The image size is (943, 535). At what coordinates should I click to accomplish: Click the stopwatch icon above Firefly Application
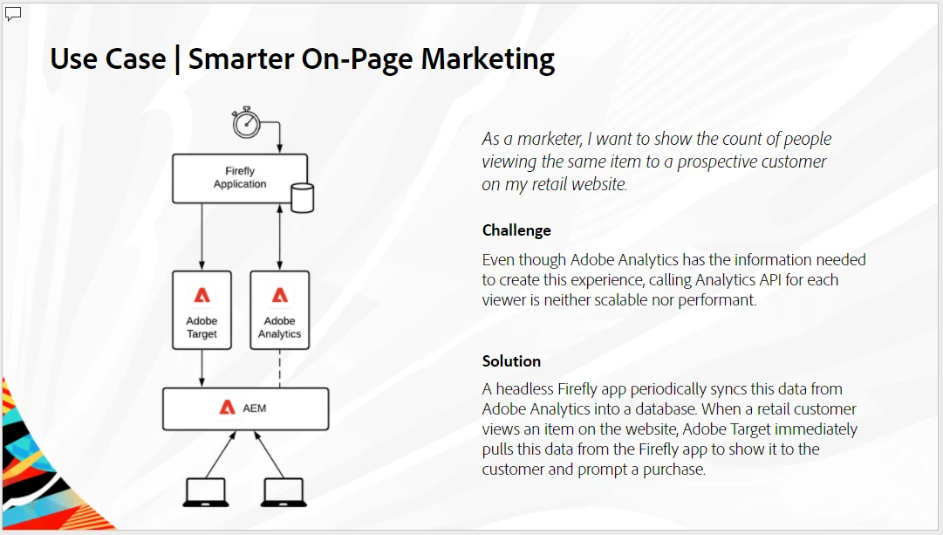point(246,123)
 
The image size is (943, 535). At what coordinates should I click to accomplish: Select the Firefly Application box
point(240,179)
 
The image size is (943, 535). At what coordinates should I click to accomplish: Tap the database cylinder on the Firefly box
point(302,198)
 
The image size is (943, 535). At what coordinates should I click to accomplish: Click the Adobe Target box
point(202,310)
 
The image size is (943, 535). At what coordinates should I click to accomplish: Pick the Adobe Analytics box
point(280,310)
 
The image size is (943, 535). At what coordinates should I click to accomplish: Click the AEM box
point(245,408)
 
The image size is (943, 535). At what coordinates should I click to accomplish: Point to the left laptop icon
point(206,492)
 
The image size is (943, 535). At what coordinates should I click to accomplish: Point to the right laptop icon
point(284,492)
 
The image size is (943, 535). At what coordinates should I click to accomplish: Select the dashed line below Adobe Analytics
point(280,368)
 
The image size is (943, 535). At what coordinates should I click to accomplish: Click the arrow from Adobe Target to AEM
point(202,368)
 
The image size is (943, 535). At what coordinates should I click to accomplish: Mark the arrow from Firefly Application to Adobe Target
point(202,237)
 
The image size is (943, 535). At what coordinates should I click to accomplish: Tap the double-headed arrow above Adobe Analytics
point(280,237)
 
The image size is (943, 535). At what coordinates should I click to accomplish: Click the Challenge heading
point(516,230)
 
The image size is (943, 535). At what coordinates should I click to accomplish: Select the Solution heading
point(511,361)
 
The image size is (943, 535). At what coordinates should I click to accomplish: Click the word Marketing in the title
point(488,59)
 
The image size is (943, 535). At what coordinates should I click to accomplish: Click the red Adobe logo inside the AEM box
point(228,408)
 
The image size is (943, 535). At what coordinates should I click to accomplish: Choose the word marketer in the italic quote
point(549,139)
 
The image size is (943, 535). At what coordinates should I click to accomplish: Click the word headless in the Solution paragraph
point(524,388)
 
